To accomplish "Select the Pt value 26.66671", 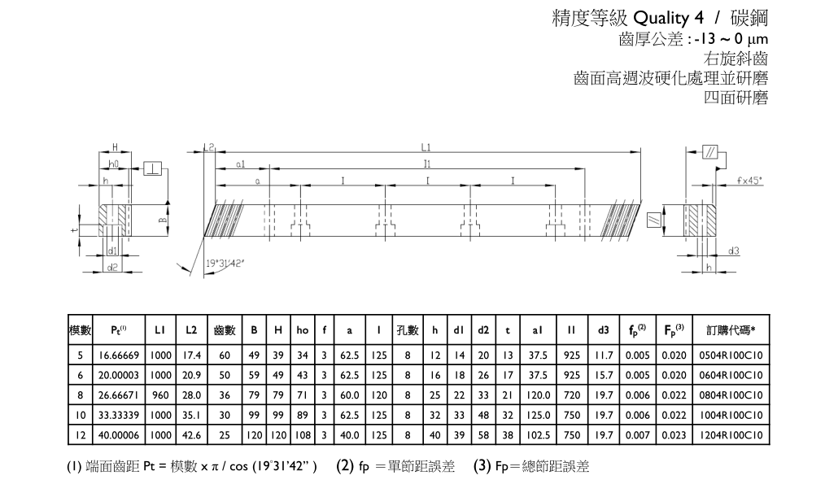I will click(120, 396).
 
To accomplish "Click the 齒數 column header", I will click(225, 330).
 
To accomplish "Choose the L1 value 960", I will click(160, 396).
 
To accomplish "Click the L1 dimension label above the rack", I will click(426, 148).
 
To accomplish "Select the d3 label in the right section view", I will click(733, 251).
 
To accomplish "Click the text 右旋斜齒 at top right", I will click(736, 59).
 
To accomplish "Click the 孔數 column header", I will click(407, 330).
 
